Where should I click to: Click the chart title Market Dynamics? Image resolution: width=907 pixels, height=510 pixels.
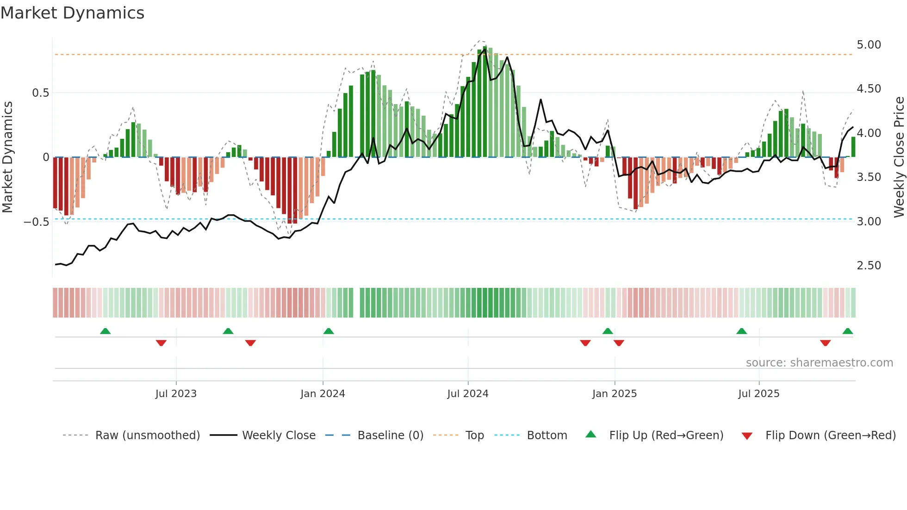click(72, 13)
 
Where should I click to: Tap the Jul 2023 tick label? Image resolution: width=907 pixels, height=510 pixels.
click(176, 394)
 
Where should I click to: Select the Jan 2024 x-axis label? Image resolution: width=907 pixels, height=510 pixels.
click(323, 394)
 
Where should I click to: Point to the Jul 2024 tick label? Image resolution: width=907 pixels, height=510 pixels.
click(467, 394)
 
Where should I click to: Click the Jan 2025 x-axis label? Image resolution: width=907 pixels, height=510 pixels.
click(614, 394)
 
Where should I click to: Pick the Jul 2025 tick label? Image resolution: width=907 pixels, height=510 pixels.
click(758, 394)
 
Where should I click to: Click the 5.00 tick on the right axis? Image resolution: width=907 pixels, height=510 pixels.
click(869, 45)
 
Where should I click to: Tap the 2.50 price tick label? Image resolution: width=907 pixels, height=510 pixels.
click(869, 266)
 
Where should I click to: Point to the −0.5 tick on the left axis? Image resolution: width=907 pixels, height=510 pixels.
click(36, 222)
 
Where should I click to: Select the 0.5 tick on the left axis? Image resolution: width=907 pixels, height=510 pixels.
click(40, 93)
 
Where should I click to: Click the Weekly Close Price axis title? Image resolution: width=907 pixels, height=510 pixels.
click(899, 157)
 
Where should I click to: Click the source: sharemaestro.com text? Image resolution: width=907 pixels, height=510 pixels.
click(819, 363)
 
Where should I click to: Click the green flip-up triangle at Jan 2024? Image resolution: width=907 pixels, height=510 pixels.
click(329, 331)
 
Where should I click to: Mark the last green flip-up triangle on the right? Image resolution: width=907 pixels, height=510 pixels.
click(847, 331)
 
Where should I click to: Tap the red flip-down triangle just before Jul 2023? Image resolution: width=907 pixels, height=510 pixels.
click(161, 343)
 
